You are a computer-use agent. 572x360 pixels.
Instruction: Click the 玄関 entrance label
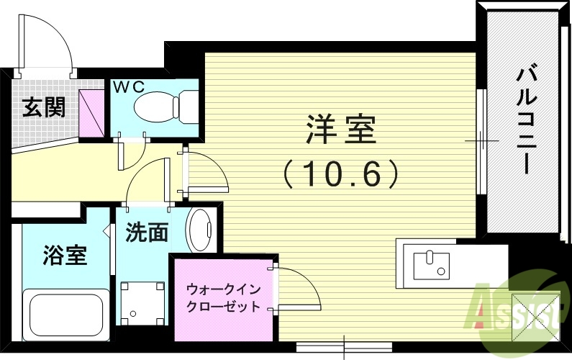(43, 107)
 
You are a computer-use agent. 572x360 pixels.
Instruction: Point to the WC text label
(129, 86)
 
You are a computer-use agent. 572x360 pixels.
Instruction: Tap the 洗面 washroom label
(147, 232)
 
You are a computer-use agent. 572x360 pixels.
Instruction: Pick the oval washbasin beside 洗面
(199, 230)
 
